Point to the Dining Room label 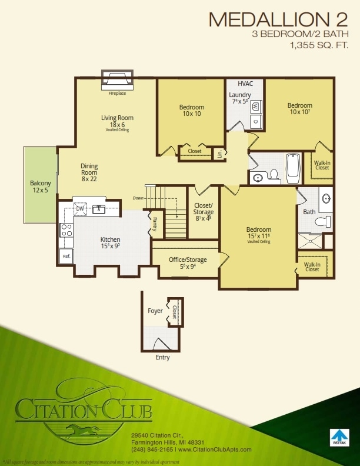pyautogui.click(x=89, y=169)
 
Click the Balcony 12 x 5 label pyautogui.click(x=41, y=187)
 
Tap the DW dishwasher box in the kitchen pyautogui.click(x=79, y=208)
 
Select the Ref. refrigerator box pyautogui.click(x=65, y=256)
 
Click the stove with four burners pyautogui.click(x=66, y=230)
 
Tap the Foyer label pyautogui.click(x=155, y=311)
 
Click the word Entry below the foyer pyautogui.click(x=162, y=357)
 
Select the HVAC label pyautogui.click(x=245, y=84)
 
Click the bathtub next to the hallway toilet pyautogui.click(x=293, y=168)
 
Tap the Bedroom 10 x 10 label pyautogui.click(x=191, y=110)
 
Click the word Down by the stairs pyautogui.click(x=138, y=198)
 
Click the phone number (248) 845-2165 pyautogui.click(x=152, y=450)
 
